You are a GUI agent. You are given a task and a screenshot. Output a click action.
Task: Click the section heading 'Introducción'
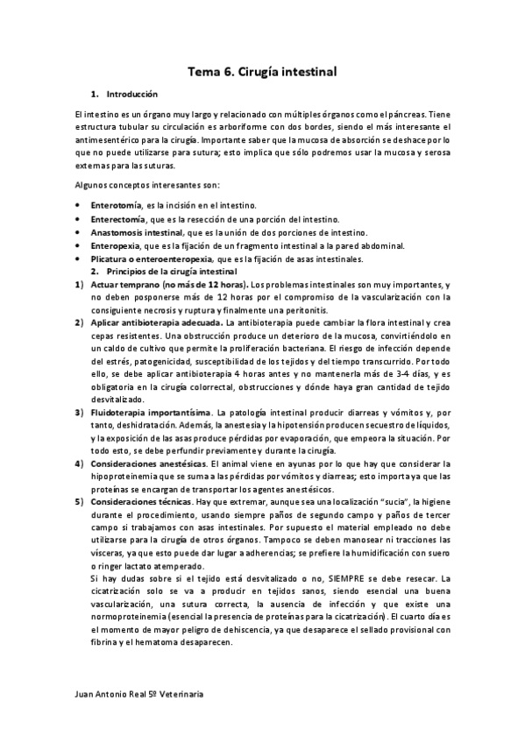[131, 93]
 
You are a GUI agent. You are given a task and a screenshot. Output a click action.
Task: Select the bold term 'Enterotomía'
[117, 203]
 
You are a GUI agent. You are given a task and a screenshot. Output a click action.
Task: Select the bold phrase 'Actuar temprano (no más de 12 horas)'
[167, 286]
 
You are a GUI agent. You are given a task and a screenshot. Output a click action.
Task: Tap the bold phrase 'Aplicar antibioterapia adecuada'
[155, 323]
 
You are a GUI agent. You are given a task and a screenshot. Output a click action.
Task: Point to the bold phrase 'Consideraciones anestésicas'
[148, 463]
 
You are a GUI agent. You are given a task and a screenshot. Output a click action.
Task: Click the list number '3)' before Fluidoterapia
[78, 412]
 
